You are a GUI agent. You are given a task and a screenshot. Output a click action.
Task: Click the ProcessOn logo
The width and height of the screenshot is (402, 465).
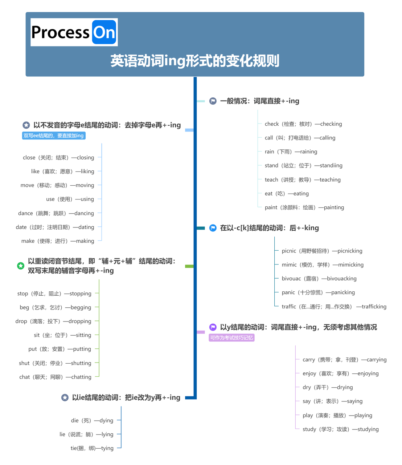74,32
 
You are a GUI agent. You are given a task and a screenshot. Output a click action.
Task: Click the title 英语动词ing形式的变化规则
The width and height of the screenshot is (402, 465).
195,61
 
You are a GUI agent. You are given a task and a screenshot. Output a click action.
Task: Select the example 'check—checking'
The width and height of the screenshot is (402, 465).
303,124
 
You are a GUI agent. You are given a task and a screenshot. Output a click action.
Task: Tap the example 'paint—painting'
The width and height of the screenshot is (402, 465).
304,207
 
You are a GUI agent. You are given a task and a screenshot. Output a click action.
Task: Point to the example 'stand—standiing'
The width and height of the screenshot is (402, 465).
303,166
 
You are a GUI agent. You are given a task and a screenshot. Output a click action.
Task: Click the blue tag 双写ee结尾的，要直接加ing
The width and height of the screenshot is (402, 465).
54,136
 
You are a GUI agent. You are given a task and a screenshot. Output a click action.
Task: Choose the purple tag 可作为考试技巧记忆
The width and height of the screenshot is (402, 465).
231,338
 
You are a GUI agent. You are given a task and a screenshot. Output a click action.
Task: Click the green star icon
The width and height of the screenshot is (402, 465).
21,266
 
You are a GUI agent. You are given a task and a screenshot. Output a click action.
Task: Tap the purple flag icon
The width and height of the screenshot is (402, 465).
213,327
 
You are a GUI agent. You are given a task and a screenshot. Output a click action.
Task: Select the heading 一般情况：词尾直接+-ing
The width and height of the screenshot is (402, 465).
259,101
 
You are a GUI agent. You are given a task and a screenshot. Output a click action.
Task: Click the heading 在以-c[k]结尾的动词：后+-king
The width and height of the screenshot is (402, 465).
269,228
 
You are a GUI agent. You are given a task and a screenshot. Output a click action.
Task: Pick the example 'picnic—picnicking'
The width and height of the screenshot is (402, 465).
322,251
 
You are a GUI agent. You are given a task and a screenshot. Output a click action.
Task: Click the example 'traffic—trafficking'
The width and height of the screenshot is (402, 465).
334,307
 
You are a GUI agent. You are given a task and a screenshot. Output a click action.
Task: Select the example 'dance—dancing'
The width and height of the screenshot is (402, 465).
56,213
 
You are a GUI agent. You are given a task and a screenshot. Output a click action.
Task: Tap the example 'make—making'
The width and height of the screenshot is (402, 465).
58,241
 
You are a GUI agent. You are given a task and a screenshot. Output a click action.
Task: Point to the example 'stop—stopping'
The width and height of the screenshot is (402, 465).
54,294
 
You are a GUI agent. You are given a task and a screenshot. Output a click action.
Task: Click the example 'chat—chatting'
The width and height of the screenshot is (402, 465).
55,377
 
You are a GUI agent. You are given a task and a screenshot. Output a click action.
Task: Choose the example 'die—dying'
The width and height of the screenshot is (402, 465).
92,420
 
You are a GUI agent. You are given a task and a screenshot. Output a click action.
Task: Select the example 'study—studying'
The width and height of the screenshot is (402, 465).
340,429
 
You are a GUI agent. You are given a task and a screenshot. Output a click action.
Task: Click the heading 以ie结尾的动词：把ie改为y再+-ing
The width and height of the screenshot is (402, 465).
126,397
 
